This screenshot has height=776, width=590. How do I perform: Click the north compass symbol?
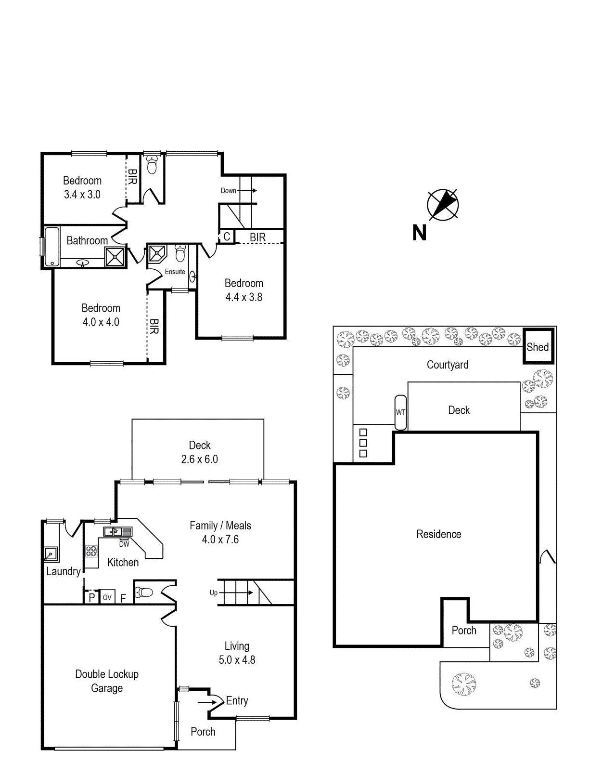pyautogui.click(x=443, y=205)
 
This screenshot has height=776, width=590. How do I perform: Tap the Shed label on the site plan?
pyautogui.click(x=538, y=347)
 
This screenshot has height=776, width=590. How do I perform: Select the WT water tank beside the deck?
pyautogui.click(x=400, y=412)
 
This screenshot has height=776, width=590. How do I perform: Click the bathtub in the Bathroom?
pyautogui.click(x=51, y=246)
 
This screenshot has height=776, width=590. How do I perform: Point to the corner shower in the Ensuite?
pyautogui.click(x=157, y=253)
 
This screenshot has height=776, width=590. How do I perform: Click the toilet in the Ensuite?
pyautogui.click(x=180, y=253)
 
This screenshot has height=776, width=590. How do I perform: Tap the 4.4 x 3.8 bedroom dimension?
pyautogui.click(x=244, y=297)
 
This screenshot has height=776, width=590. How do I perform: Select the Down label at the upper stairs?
pyautogui.click(x=228, y=190)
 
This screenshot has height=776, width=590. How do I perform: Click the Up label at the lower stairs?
pyautogui.click(x=214, y=592)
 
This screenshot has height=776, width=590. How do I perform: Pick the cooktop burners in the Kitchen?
pyautogui.click(x=91, y=551)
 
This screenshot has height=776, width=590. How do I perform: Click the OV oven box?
pyautogui.click(x=107, y=597)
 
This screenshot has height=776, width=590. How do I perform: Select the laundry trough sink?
pyautogui.click(x=50, y=554)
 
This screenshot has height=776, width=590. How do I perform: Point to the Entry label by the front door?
pyautogui.click(x=237, y=700)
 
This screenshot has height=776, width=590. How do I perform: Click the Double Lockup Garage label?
pyautogui.click(x=107, y=681)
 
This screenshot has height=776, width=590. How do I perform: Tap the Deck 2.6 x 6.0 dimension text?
pyautogui.click(x=199, y=459)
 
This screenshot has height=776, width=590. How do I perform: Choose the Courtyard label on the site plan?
pyautogui.click(x=448, y=365)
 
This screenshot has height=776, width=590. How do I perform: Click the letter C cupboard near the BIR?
pyautogui.click(x=227, y=237)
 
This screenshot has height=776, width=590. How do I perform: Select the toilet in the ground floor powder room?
pyautogui.click(x=144, y=592)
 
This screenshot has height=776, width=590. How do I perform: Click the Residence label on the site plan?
pyautogui.click(x=438, y=534)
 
